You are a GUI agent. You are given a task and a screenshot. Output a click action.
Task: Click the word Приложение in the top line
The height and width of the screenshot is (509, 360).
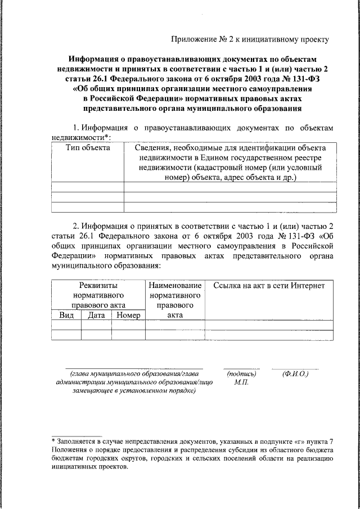click(x=194, y=39)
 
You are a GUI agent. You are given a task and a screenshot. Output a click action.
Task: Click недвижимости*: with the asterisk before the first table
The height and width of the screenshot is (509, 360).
click(x=81, y=137)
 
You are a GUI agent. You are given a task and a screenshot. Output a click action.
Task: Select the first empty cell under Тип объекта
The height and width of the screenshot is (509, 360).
click(x=87, y=187)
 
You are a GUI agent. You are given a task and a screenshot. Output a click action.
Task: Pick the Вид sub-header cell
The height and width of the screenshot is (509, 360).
click(x=66, y=316)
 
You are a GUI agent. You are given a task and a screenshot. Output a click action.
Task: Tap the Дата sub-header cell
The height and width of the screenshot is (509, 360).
click(x=97, y=316)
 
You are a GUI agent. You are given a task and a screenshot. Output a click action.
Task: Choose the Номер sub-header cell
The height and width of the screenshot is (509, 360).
click(x=128, y=316)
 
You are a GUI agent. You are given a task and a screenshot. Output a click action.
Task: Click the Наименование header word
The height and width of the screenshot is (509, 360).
click(x=175, y=285)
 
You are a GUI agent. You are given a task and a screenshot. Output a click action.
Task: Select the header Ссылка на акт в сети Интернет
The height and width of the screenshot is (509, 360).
click(x=269, y=285)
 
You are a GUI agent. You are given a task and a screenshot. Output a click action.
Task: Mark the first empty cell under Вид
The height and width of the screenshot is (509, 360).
click(x=66, y=325)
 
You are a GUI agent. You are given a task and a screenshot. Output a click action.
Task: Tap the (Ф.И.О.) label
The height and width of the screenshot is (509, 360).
click(x=295, y=373)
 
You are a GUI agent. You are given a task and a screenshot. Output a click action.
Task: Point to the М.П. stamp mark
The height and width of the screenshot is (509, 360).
click(x=241, y=382)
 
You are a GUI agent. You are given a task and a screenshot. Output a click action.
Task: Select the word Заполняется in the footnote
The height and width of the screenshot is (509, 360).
click(x=78, y=442)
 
